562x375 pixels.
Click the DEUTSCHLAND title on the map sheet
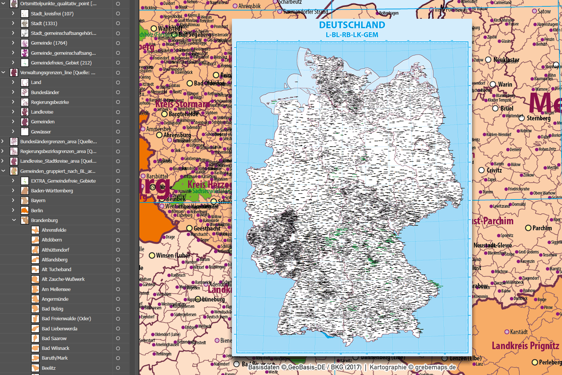click(x=352, y=25)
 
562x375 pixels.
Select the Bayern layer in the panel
click(x=38, y=201)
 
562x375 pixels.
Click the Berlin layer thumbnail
click(x=25, y=210)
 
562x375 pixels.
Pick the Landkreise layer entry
click(x=42, y=112)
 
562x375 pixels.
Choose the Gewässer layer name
click(x=41, y=132)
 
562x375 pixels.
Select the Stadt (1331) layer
click(x=44, y=23)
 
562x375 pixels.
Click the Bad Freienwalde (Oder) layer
click(x=66, y=319)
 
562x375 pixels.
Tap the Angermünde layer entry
click(x=55, y=299)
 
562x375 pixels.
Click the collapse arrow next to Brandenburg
click(x=14, y=220)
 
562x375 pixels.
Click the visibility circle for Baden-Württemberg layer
click(x=118, y=191)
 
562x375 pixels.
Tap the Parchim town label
click(x=542, y=228)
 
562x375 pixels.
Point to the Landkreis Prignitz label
click(x=525, y=345)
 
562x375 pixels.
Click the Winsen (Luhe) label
click(x=173, y=255)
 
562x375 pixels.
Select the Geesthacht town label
click(x=207, y=228)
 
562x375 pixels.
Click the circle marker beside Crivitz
click(x=482, y=170)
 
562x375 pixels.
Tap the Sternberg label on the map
click(x=538, y=118)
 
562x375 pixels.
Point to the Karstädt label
click(x=519, y=332)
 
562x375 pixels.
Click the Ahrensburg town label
click(x=177, y=135)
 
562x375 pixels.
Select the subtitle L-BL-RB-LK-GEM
click(x=352, y=35)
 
